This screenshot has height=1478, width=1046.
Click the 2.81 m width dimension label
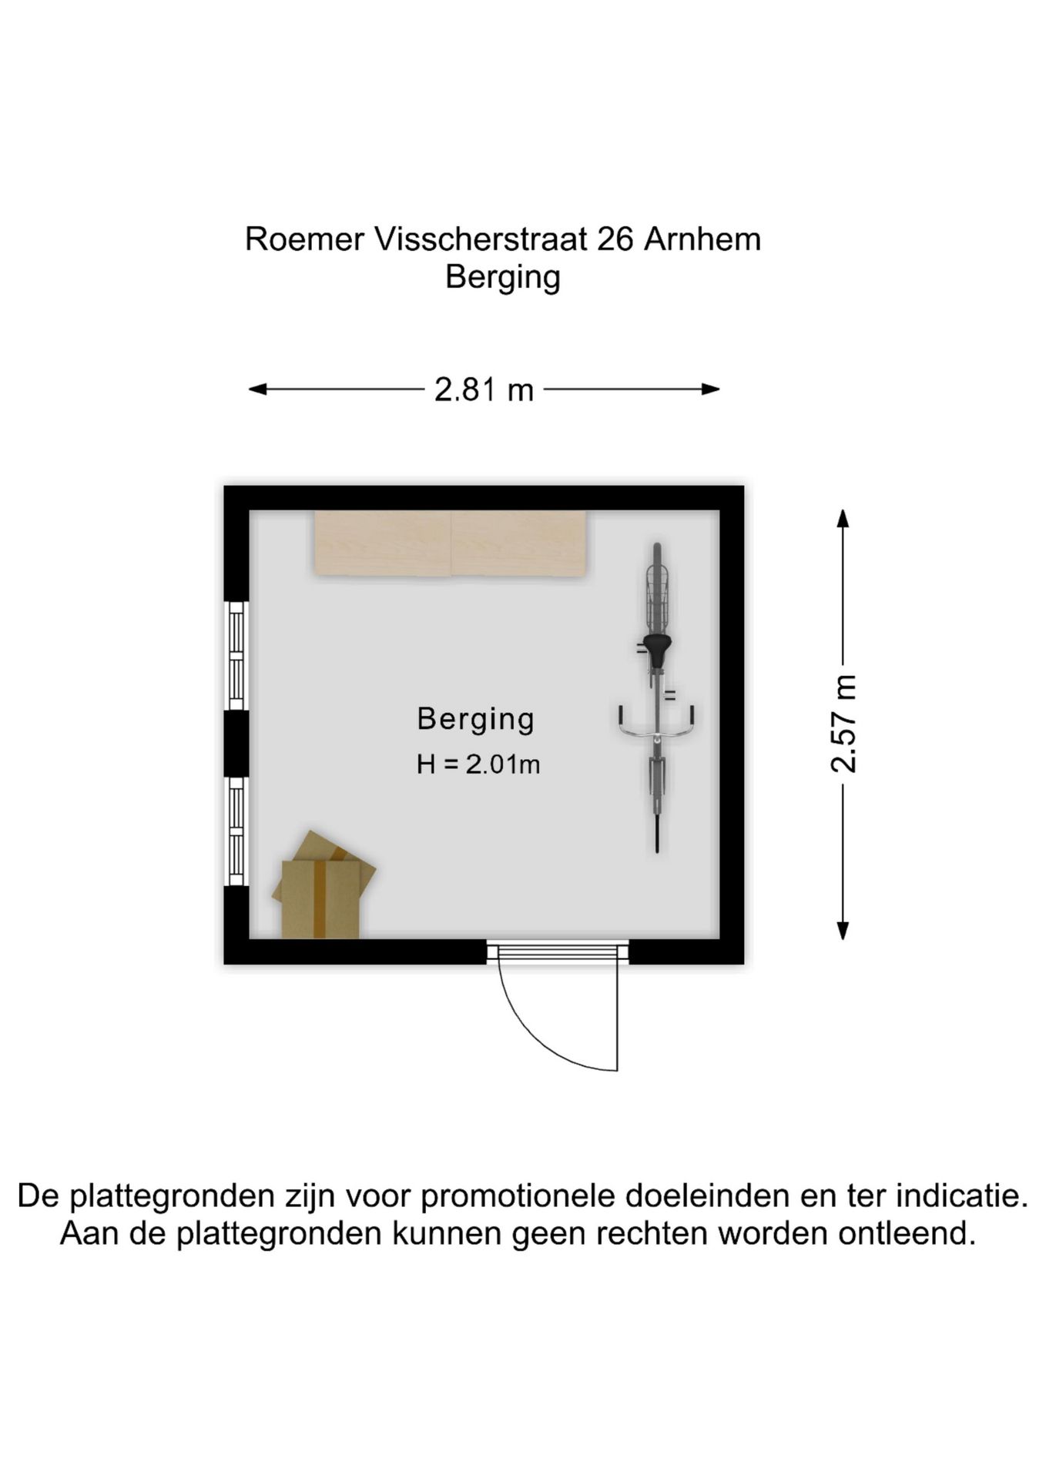[484, 390]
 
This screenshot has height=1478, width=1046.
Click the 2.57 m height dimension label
[843, 723]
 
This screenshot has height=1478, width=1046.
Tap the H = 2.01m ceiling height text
[478, 764]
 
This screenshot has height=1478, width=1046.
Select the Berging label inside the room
[475, 720]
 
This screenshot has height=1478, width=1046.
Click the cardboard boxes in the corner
[324, 885]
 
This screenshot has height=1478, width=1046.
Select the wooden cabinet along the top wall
[451, 542]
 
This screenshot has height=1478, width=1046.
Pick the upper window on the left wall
[236, 655]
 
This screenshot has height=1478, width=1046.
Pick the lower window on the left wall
[236, 831]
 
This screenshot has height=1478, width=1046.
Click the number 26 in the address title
[615, 239]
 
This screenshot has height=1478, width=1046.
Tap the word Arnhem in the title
[702, 239]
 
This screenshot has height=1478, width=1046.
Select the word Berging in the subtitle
[503, 278]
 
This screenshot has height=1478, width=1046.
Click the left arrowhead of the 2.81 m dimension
[257, 390]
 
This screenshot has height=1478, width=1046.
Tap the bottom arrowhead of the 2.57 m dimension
[843, 931]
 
